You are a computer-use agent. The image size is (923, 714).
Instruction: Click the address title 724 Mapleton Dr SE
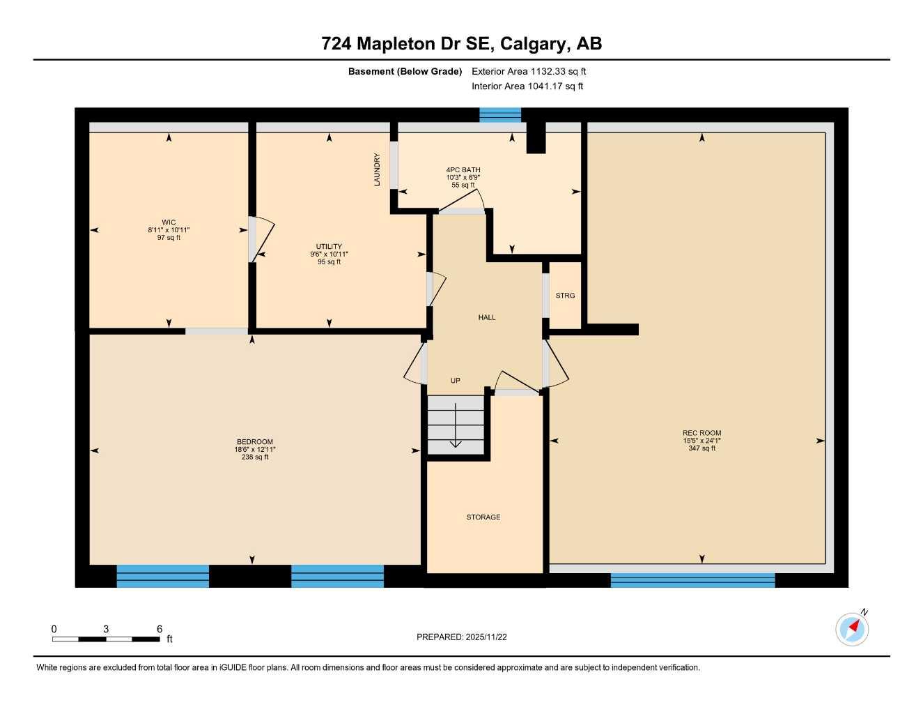click(461, 44)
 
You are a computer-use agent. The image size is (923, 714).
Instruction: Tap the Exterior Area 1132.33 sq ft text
click(529, 71)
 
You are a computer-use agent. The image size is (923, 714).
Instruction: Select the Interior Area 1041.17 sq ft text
click(527, 86)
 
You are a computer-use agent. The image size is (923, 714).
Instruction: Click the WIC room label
click(169, 222)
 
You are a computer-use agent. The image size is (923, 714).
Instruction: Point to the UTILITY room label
click(329, 247)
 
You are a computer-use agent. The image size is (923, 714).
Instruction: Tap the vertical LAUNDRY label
click(378, 169)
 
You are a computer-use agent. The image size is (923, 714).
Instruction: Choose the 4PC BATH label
click(463, 170)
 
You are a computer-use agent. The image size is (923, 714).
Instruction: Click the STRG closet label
click(565, 296)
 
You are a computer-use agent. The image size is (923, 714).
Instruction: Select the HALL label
click(487, 317)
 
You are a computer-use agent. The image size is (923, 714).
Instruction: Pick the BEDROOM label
click(255, 442)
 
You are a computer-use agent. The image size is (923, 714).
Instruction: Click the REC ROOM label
click(701, 433)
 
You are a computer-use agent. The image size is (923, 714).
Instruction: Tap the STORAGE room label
click(483, 517)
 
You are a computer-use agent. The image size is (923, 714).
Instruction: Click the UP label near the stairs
click(455, 381)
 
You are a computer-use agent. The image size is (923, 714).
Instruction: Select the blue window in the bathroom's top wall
click(500, 115)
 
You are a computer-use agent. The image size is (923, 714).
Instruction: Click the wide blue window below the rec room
click(692, 580)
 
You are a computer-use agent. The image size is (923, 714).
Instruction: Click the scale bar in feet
click(106, 639)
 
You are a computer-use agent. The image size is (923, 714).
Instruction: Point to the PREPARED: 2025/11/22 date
click(462, 637)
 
